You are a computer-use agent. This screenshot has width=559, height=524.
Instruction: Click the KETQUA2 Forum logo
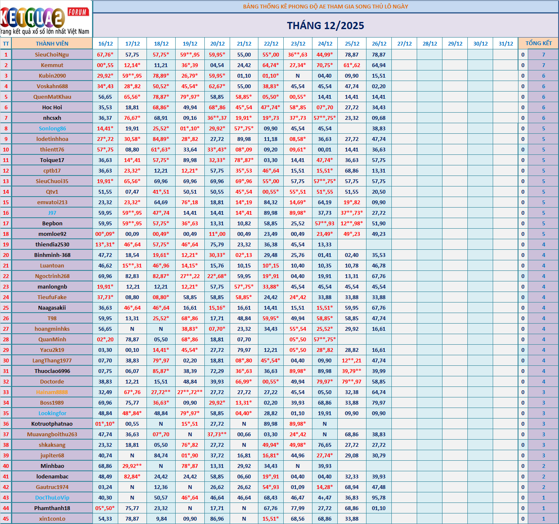tap(46, 19)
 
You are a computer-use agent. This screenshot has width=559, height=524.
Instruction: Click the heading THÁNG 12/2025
tap(326, 26)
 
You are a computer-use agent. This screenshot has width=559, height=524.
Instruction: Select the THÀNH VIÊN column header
tap(52, 43)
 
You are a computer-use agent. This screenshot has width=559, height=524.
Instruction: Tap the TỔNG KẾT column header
tap(538, 43)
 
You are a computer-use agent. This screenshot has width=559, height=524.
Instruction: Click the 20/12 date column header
tap(217, 43)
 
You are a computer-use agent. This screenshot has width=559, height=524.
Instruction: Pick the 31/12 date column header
tap(506, 43)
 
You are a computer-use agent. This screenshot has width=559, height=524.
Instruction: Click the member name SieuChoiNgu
tap(52, 54)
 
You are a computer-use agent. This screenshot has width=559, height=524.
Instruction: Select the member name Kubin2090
tap(52, 76)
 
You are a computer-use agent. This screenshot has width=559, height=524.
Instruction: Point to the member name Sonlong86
tap(52, 128)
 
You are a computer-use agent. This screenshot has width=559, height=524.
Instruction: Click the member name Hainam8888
tap(52, 392)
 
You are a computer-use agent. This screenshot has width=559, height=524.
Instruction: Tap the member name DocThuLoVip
tap(52, 497)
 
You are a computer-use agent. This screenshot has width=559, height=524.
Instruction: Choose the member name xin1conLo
tap(52, 519)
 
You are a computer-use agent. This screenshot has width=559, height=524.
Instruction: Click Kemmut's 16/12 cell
tap(105, 65)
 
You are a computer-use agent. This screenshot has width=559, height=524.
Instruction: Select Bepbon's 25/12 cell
tap(352, 223)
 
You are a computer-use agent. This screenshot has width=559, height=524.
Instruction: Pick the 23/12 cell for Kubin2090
tap(298, 76)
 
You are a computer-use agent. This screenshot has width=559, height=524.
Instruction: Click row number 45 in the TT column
tap(6, 519)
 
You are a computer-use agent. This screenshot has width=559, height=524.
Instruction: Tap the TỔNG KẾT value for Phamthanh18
tap(543, 508)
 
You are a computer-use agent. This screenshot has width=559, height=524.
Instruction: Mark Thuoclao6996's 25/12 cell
tap(352, 371)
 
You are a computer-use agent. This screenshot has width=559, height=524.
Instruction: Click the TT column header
tap(6, 43)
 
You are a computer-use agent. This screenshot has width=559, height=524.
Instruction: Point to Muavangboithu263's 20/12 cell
tap(217, 434)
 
